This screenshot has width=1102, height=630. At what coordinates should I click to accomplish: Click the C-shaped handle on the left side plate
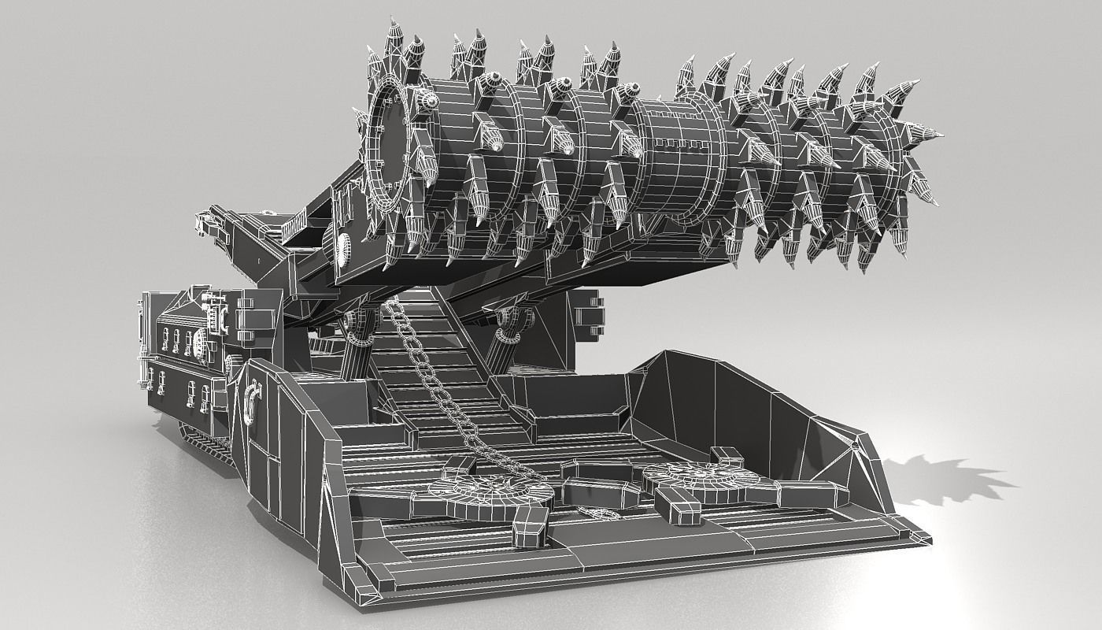tap(253, 398)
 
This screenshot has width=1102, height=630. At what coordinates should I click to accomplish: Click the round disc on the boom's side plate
tap(342, 247)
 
